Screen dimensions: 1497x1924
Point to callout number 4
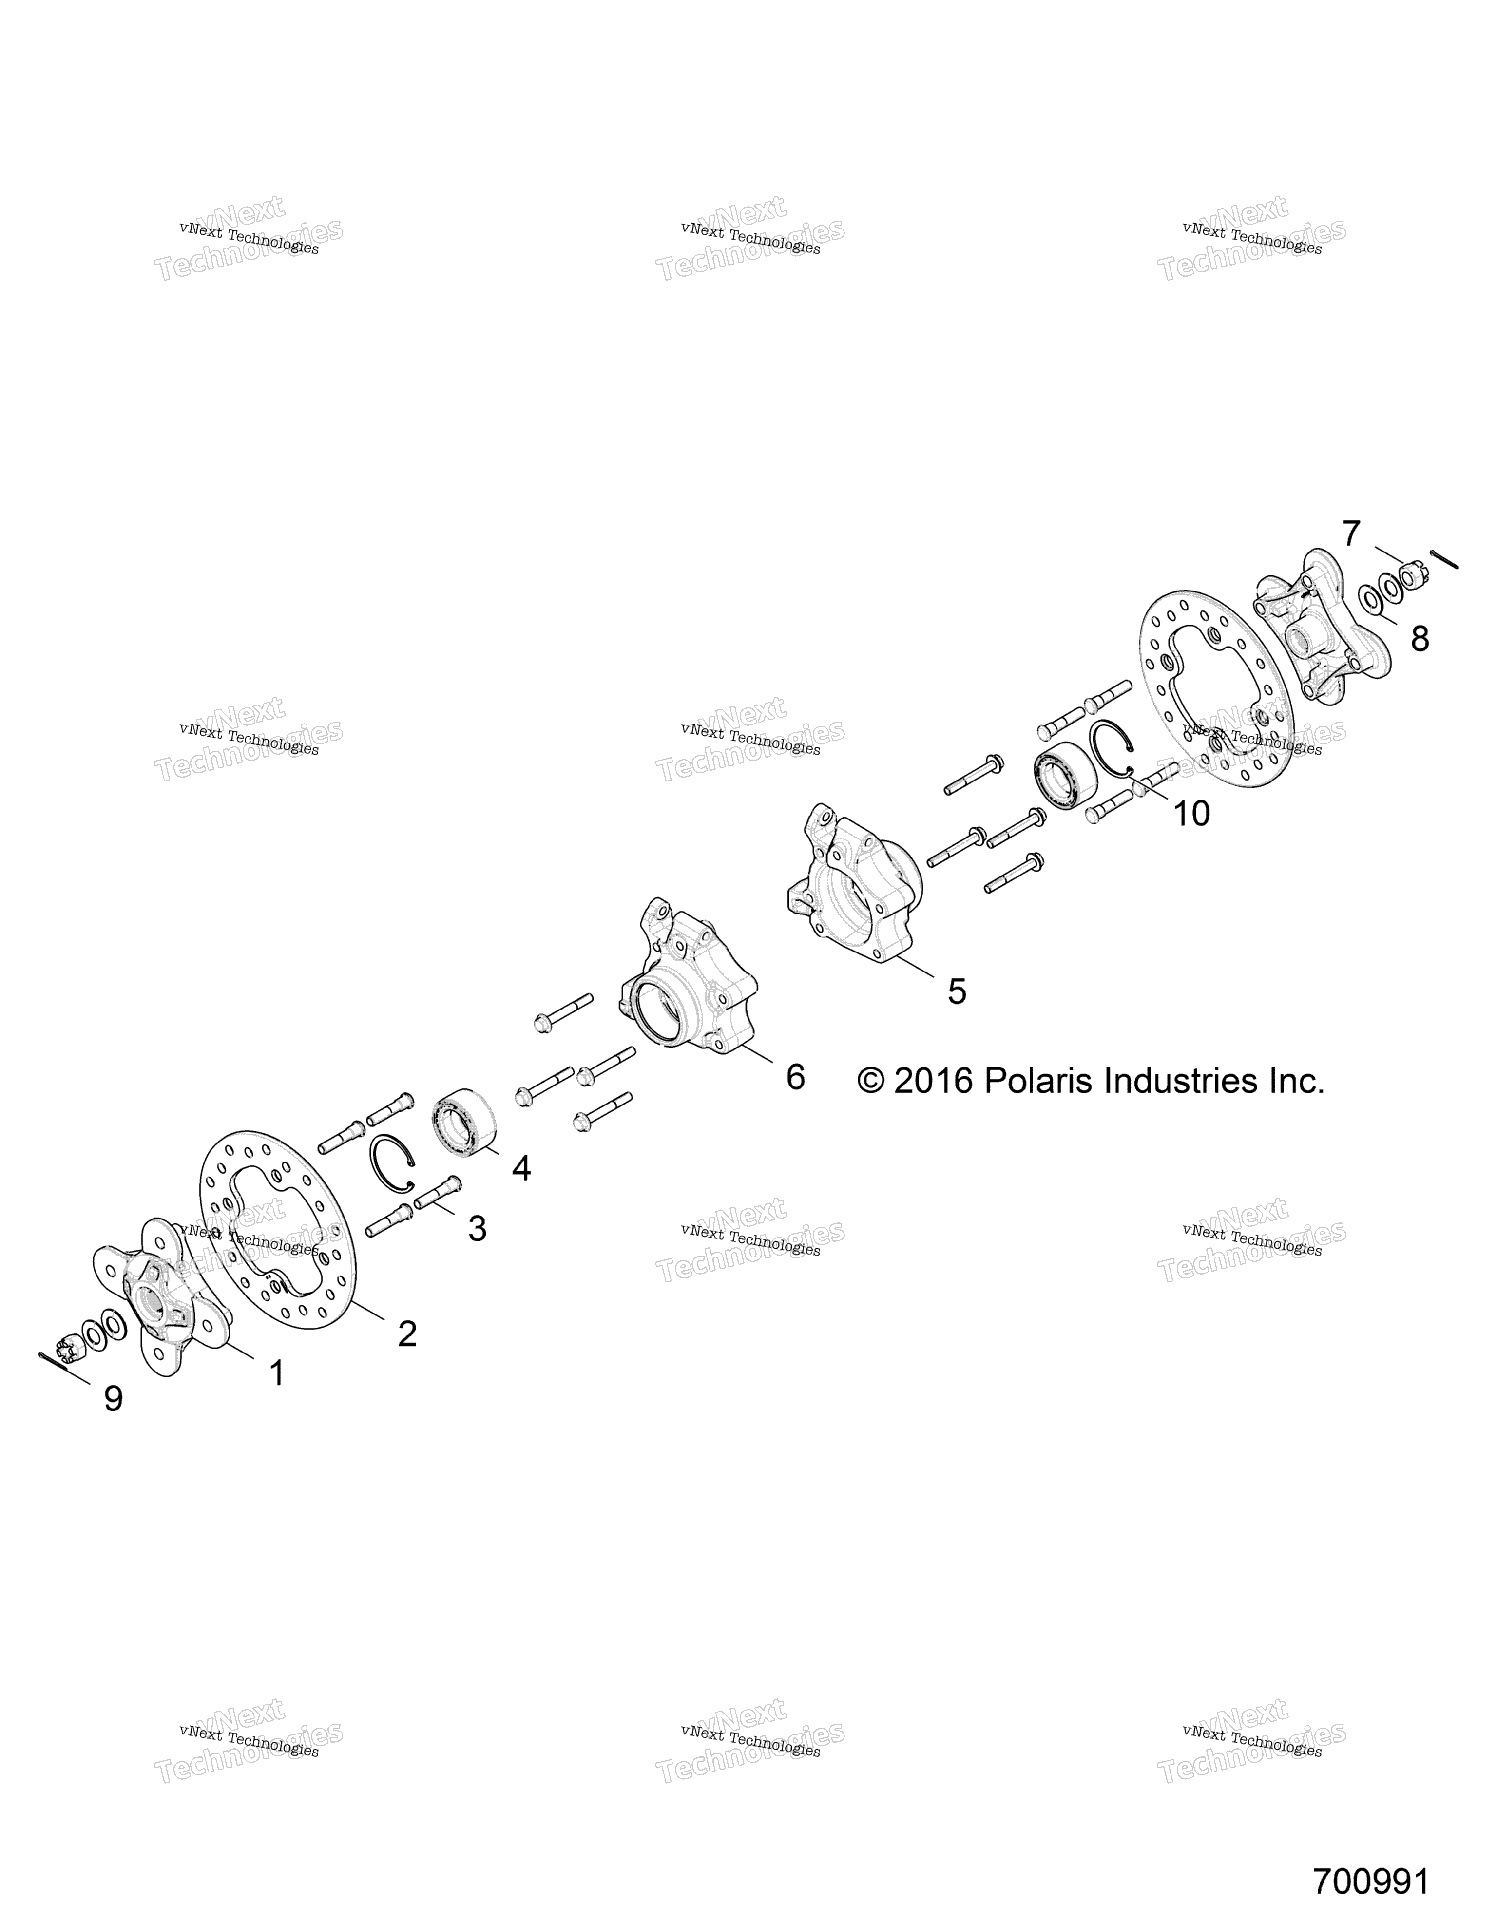pos(521,1168)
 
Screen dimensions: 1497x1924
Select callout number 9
pos(113,1398)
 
